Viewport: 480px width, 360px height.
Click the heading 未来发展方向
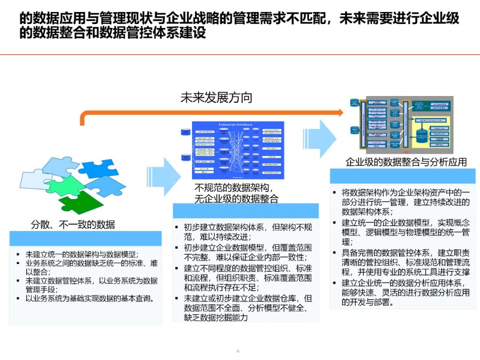[216, 98]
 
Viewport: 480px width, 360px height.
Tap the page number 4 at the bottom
[238, 351]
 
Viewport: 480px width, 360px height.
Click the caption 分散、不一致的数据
[72, 225]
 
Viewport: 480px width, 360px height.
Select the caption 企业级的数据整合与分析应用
[406, 162]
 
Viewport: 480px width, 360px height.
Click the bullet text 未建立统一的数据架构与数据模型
[82, 255]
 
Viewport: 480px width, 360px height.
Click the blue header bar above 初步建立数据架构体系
[245, 211]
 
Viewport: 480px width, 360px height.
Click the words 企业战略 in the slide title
[262, 19]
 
